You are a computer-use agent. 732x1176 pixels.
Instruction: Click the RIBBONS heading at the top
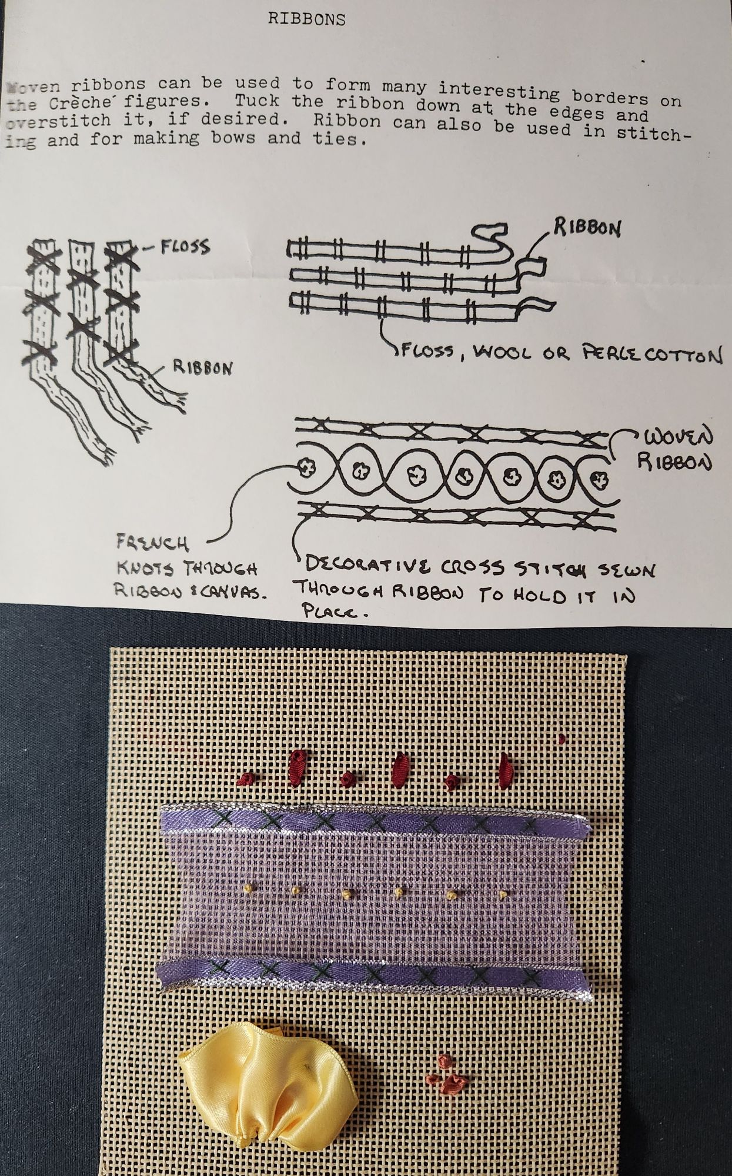pyautogui.click(x=306, y=19)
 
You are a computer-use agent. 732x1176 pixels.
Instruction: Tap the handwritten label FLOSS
pyautogui.click(x=184, y=246)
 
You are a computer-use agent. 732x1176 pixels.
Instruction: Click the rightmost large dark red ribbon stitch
pyautogui.click(x=504, y=771)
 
